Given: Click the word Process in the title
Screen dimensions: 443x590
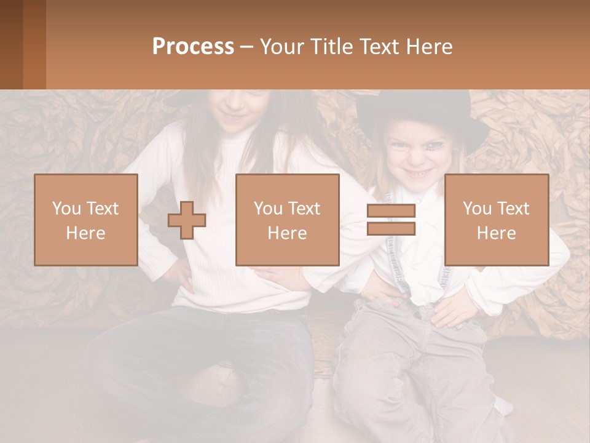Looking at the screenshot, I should click(193, 47).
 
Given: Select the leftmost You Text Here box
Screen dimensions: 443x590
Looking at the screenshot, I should click(86, 220).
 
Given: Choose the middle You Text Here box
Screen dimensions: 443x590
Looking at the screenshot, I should click(287, 220).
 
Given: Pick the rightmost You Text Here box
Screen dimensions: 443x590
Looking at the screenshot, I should click(496, 220).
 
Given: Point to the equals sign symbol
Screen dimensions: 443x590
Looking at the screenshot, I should click(391, 220).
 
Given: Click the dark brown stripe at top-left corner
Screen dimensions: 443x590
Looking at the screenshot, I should click(11, 44).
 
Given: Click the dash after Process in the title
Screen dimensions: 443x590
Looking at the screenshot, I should click(246, 47).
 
